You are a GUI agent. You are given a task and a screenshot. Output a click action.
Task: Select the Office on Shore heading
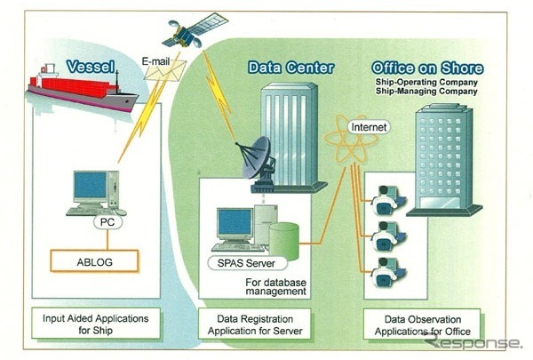(x=427, y=68)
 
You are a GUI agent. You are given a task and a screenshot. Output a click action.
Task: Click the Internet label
(x=371, y=127)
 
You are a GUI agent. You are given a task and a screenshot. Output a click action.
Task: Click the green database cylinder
(x=284, y=236)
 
